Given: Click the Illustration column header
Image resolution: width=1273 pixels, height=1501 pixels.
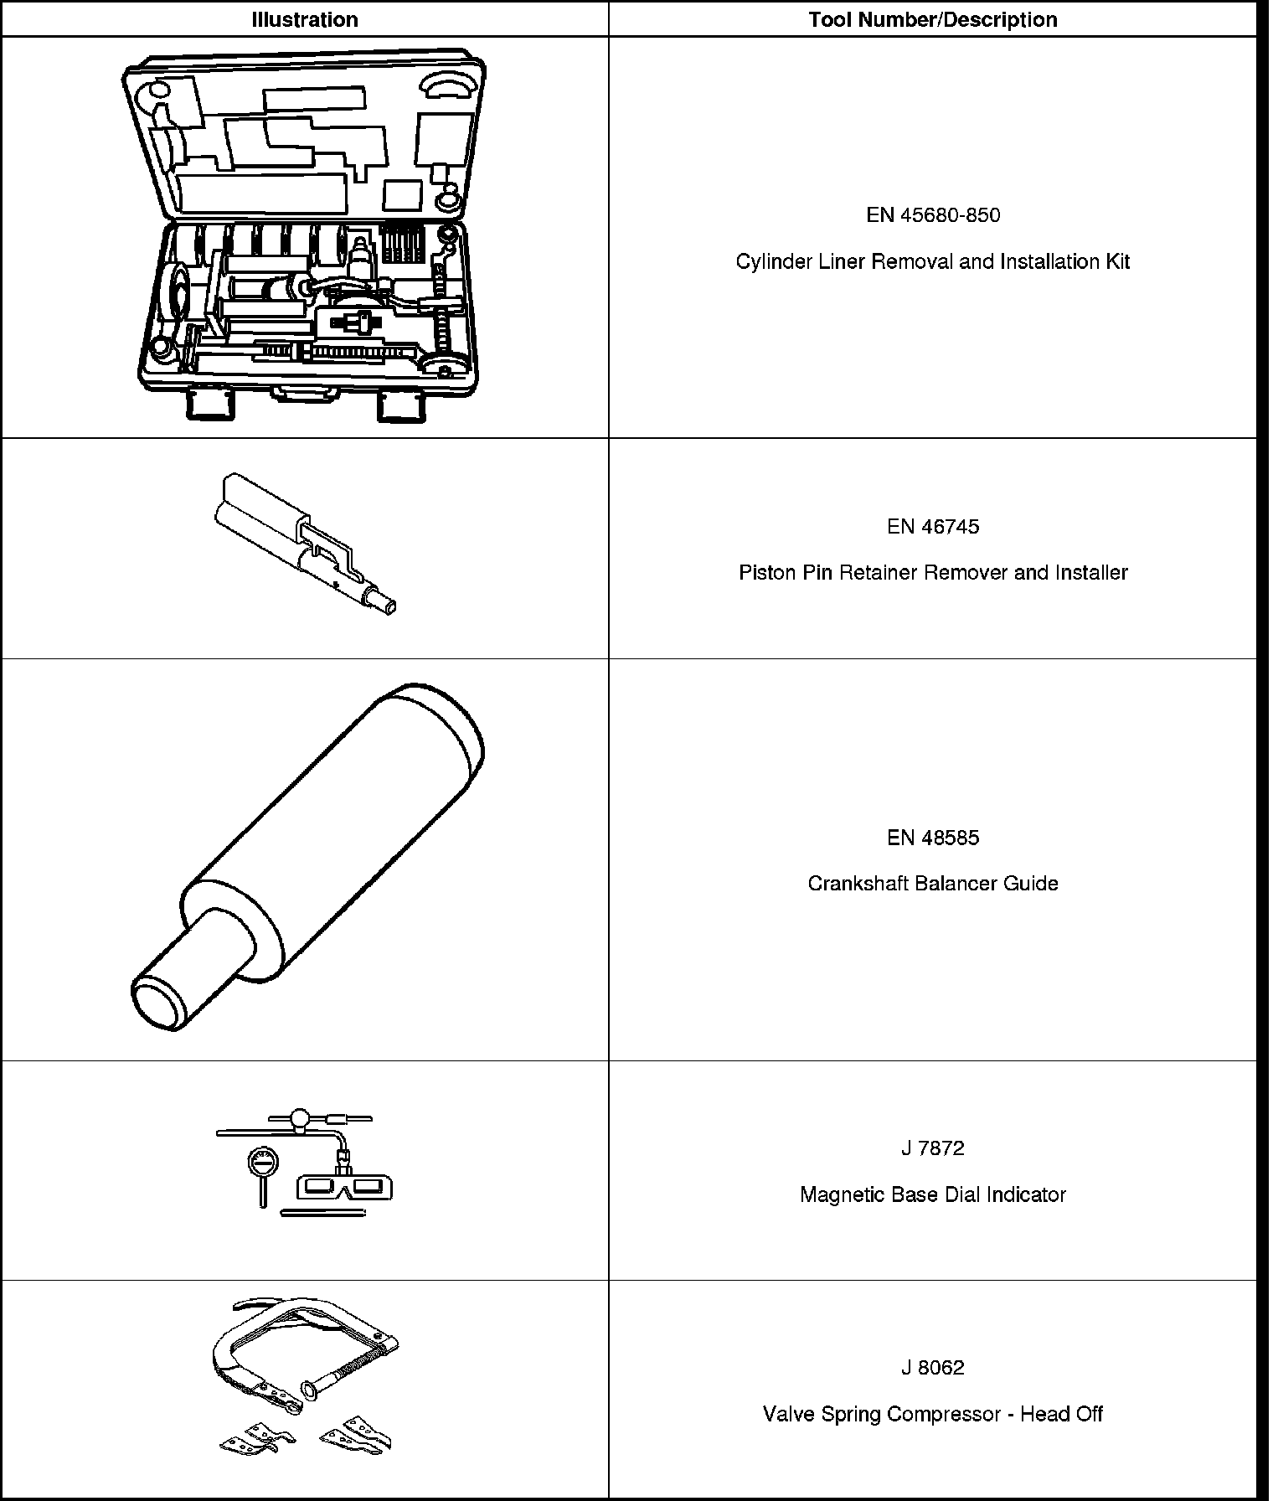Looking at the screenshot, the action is (x=304, y=19).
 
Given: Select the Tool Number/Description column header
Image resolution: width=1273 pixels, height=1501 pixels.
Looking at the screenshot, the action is (x=932, y=19).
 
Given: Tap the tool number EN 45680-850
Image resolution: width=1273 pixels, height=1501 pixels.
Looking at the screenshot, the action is (x=932, y=215).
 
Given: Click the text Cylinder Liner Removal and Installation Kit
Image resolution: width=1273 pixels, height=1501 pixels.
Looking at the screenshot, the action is (x=932, y=261).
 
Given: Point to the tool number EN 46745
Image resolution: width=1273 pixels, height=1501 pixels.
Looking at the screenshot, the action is (x=932, y=526).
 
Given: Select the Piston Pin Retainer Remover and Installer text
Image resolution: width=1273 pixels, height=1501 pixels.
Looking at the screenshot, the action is (x=932, y=572).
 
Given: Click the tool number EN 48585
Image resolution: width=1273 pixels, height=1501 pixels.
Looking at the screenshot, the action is (x=932, y=838).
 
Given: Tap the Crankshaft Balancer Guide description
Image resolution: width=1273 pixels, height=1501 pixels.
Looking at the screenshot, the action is (x=932, y=883).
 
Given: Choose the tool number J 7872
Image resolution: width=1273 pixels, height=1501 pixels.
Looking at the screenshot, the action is (x=932, y=1148).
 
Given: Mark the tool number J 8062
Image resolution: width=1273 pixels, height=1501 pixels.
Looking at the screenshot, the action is (x=932, y=1368).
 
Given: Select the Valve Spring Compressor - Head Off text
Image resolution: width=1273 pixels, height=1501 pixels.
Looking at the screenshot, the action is (x=932, y=1414).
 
